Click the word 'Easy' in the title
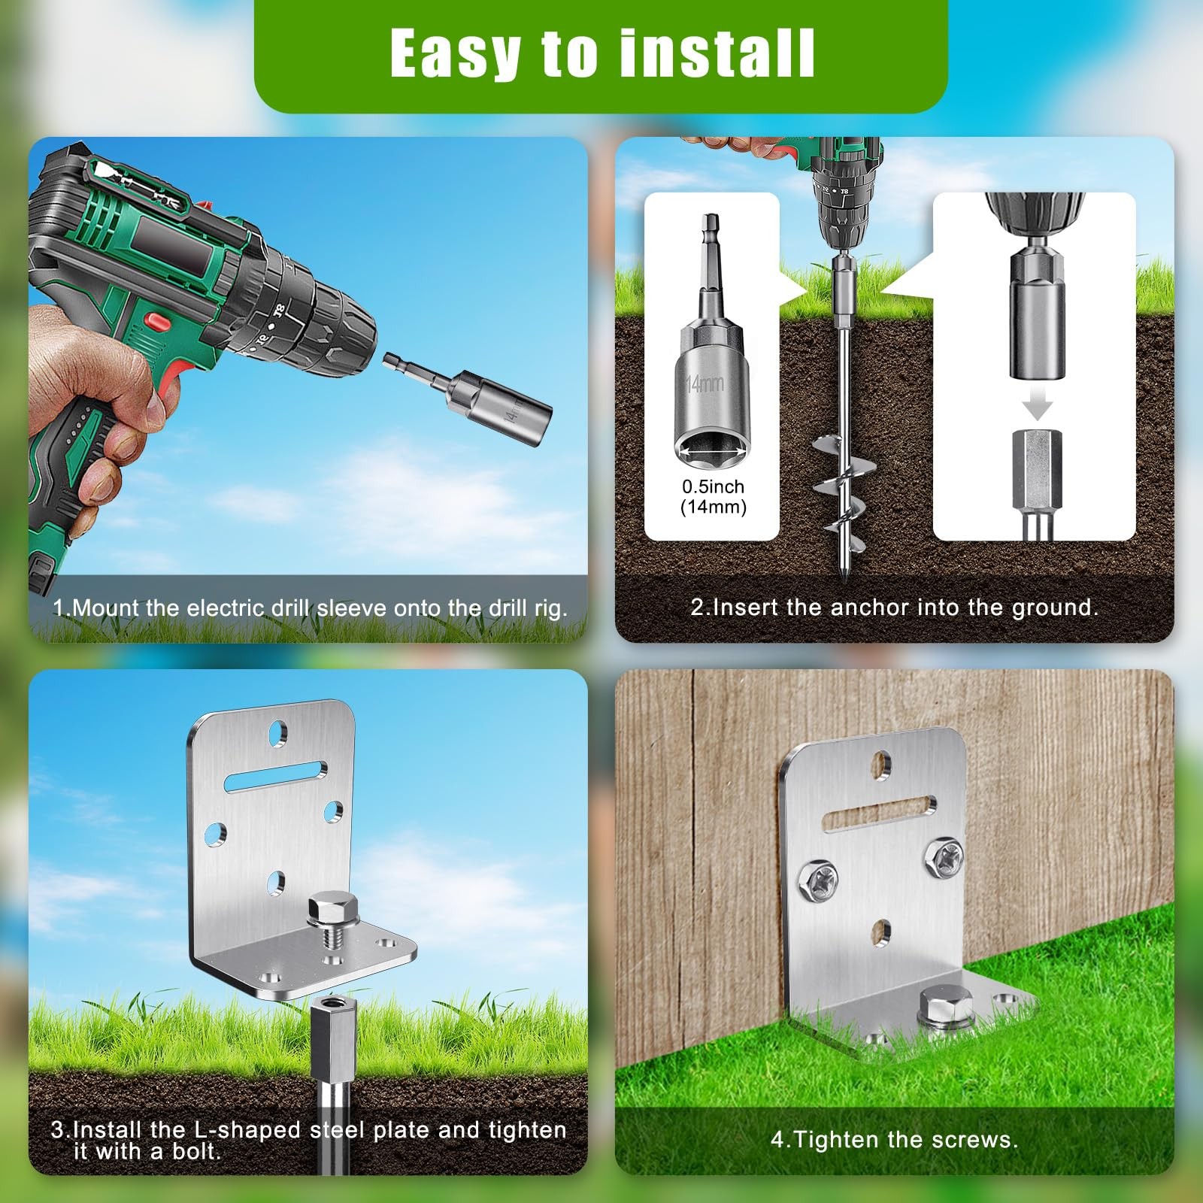click(456, 54)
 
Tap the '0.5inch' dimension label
click(713, 486)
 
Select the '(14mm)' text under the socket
click(713, 507)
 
